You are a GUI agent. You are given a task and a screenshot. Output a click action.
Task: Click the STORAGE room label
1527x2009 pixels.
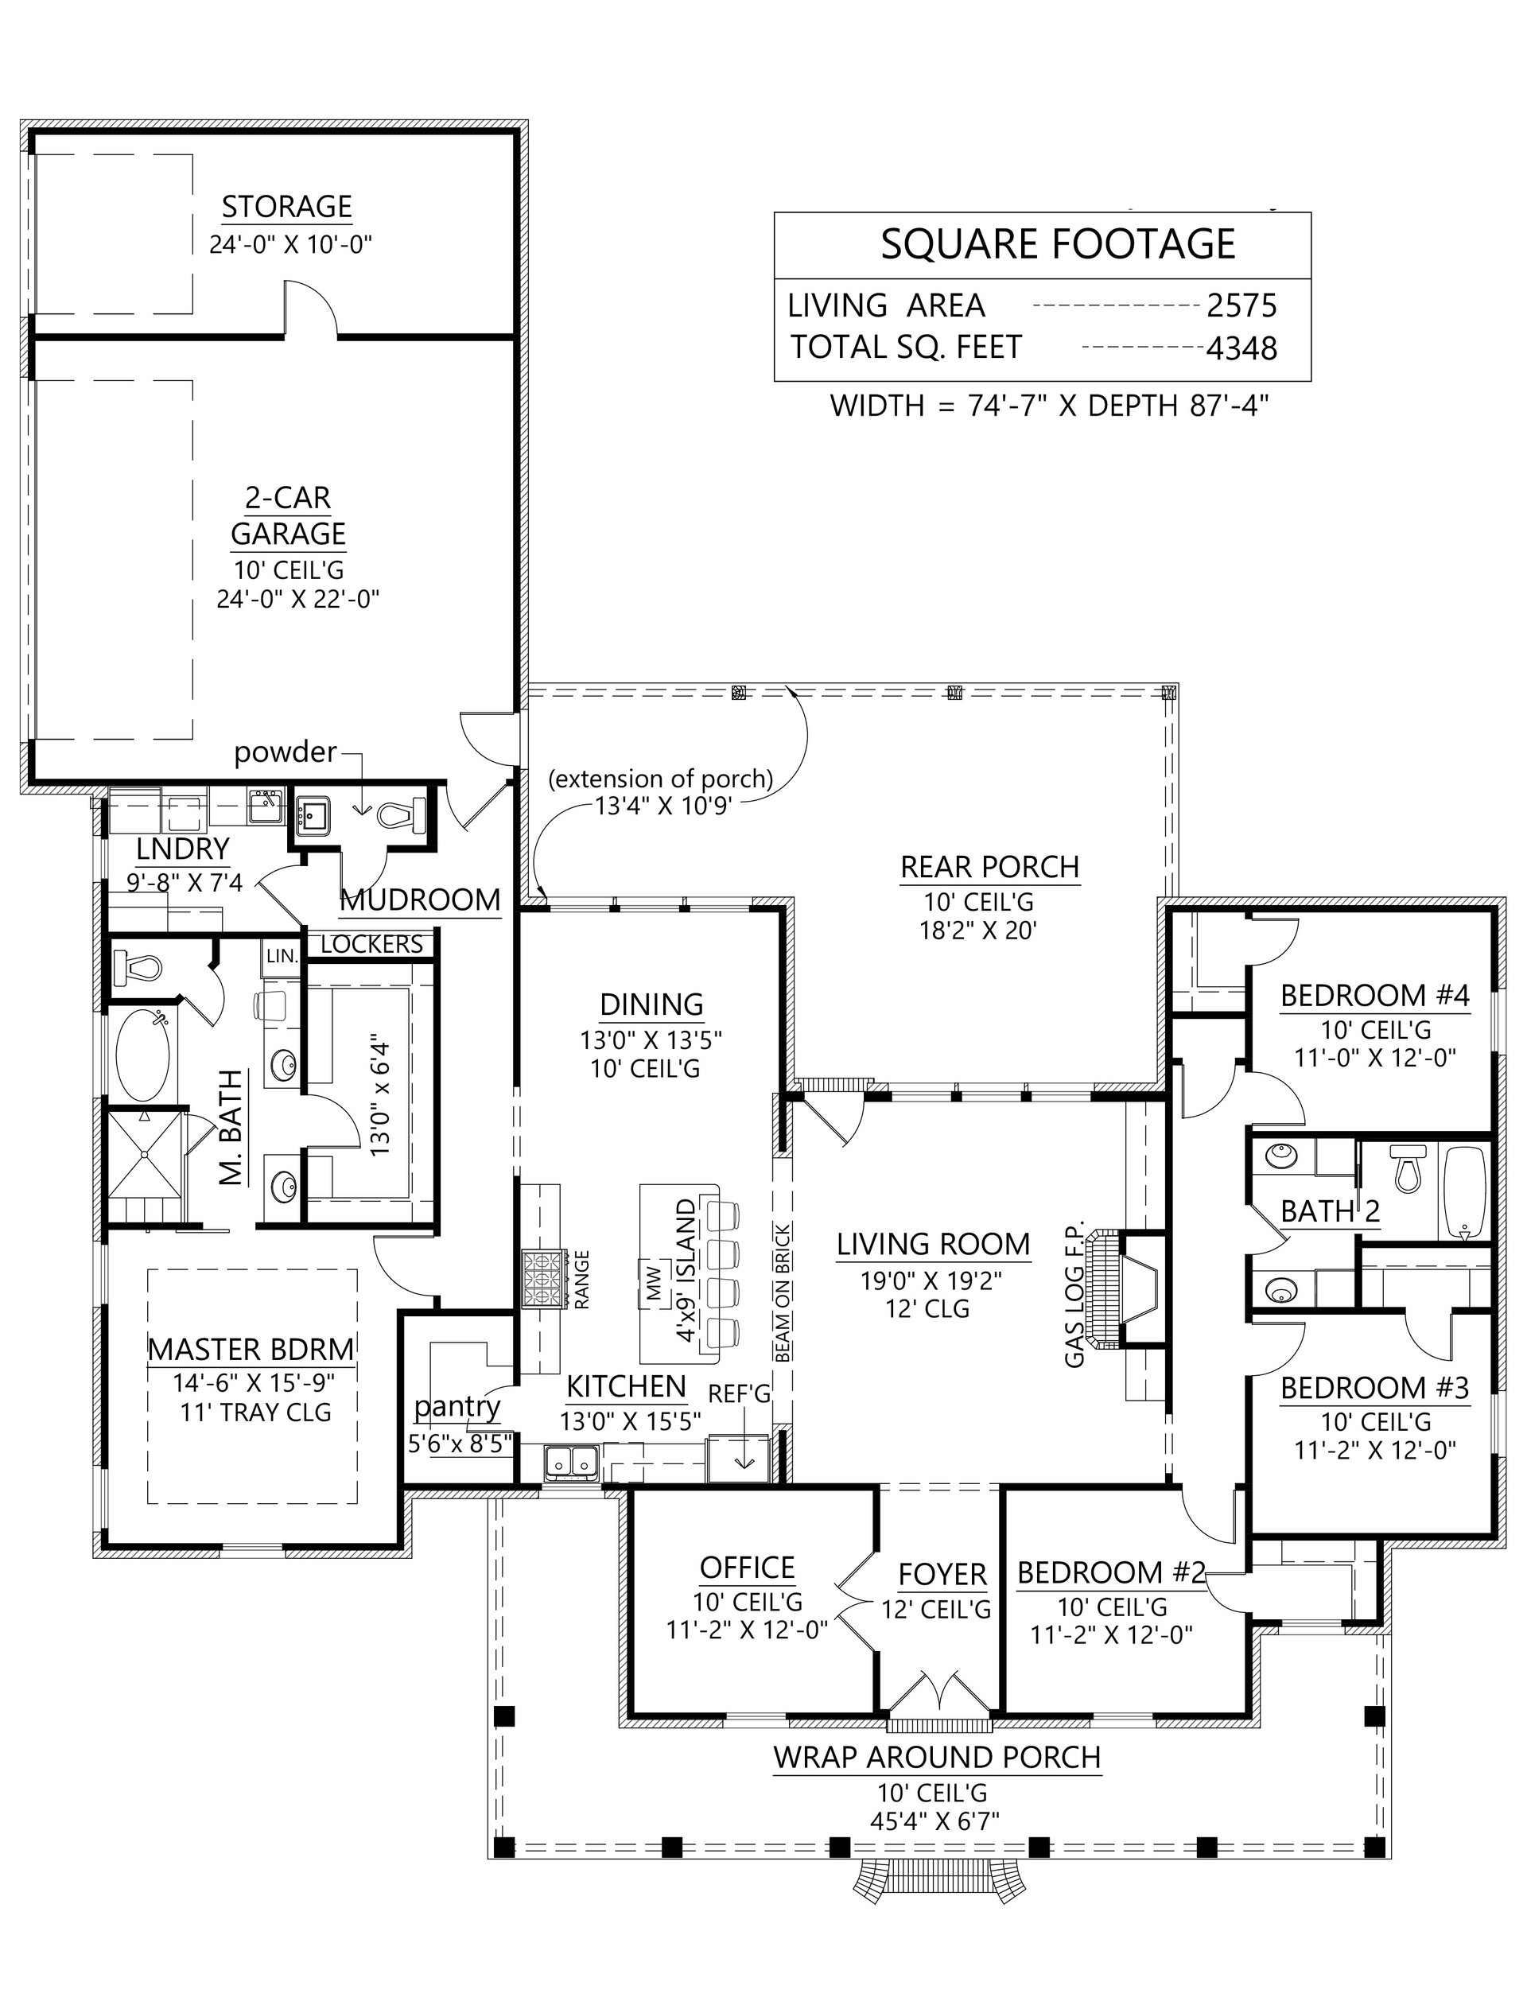(286, 208)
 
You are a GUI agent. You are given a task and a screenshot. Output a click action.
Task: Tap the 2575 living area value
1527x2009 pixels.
(1241, 306)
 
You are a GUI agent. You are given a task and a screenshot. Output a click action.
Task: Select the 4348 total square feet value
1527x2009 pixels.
(1241, 348)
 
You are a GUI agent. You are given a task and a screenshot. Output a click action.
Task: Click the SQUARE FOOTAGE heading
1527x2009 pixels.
(1058, 243)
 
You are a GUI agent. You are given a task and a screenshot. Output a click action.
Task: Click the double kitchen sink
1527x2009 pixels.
(571, 1462)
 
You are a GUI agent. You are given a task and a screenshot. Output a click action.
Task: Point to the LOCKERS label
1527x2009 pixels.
(371, 945)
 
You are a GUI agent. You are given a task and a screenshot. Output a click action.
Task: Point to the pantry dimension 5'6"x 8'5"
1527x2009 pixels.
(460, 1443)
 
